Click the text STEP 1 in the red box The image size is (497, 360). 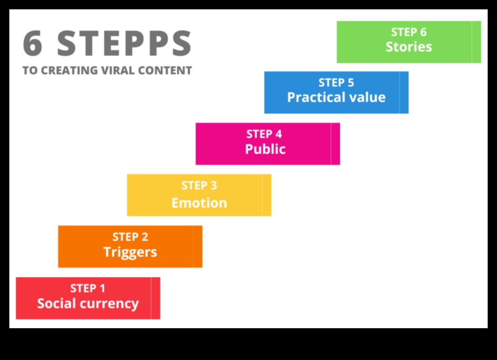point(88,288)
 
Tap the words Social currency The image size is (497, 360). point(88,303)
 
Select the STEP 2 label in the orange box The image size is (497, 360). point(130,237)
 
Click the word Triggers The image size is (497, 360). point(130,252)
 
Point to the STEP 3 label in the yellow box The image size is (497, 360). point(199,186)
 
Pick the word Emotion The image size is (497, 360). point(199,203)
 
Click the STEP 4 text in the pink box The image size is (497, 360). point(264,134)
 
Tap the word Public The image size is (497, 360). point(265,150)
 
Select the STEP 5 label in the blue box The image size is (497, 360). point(336,83)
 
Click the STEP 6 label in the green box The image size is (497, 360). point(409,32)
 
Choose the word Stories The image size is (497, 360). point(409,47)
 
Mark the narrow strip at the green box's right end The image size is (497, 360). point(476,42)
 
